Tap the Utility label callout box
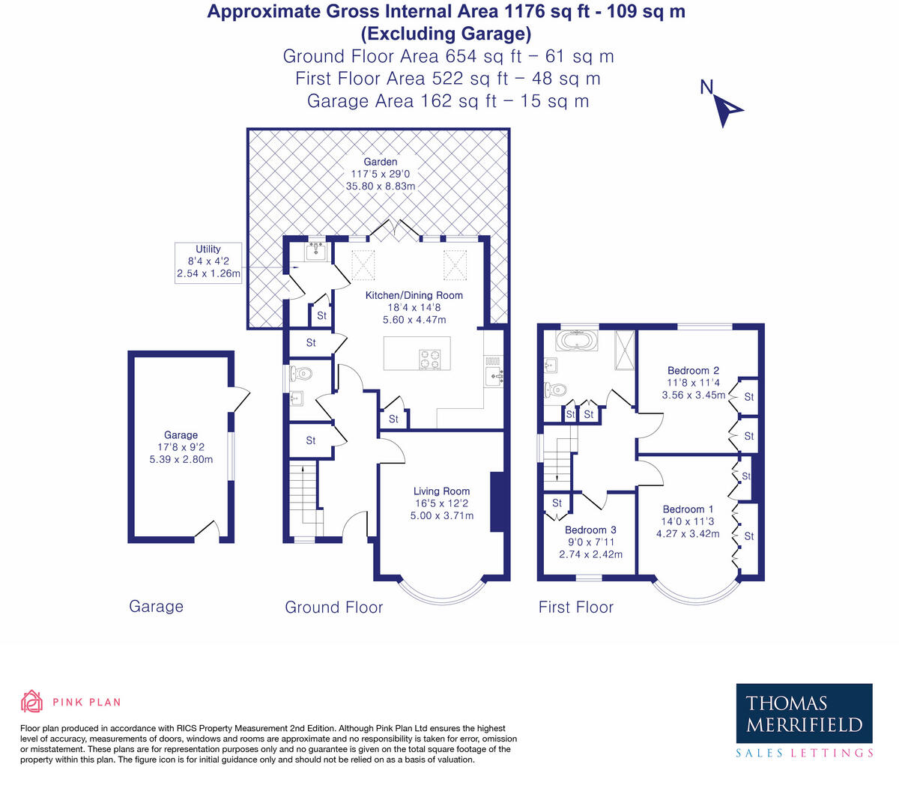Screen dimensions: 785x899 point(208,262)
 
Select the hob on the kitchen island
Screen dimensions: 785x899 point(430,360)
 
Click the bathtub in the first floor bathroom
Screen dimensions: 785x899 point(577,342)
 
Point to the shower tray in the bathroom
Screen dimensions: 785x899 point(624,351)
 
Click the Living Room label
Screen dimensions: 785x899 point(441,491)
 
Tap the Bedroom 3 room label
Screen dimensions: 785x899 point(590,530)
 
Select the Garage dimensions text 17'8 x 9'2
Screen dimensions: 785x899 point(181,447)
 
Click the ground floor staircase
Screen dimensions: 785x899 point(304,494)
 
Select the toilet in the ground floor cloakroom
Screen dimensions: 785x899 point(301,372)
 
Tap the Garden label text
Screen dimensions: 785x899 point(380,162)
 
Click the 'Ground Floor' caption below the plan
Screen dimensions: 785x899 point(333,607)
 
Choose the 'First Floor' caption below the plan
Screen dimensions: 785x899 point(575,607)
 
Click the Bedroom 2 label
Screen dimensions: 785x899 point(693,370)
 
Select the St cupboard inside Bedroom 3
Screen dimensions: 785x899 point(557,503)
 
